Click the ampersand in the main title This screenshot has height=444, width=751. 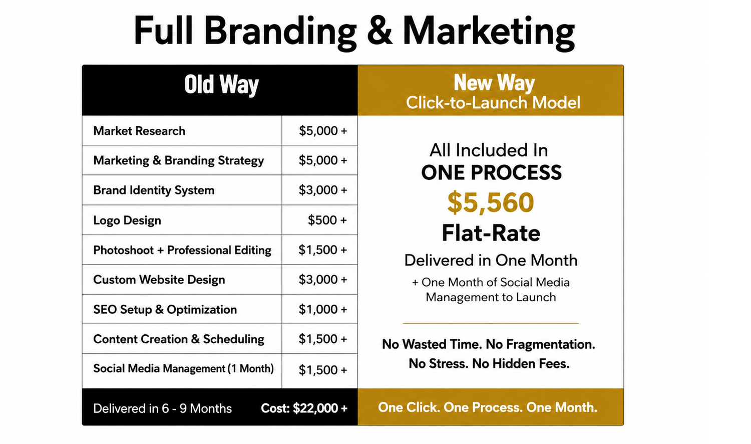tap(379, 31)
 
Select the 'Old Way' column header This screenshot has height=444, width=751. tap(221, 84)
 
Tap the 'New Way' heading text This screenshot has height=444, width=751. tap(494, 83)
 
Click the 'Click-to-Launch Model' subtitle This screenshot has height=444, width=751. tap(493, 103)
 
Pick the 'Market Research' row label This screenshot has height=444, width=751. tap(139, 131)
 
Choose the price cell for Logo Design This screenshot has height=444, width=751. tap(327, 220)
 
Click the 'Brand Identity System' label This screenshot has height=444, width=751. tap(154, 190)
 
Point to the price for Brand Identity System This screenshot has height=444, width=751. tap(323, 190)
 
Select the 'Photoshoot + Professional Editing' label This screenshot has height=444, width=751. tap(182, 250)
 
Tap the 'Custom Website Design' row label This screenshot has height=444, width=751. tap(159, 280)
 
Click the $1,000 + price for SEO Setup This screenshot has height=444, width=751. tap(323, 309)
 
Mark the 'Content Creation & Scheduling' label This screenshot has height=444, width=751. tap(179, 339)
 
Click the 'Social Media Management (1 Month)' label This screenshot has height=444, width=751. tap(183, 368)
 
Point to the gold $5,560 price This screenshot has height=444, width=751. tap(491, 202)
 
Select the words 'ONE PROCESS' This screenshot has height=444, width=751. tap(491, 172)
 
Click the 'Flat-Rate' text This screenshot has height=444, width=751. tap(491, 233)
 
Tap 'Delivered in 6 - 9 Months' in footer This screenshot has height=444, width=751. tap(162, 408)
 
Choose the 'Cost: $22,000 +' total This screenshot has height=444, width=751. tap(304, 408)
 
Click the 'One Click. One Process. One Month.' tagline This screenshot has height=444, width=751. tap(488, 407)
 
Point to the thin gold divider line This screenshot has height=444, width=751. tap(491, 324)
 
